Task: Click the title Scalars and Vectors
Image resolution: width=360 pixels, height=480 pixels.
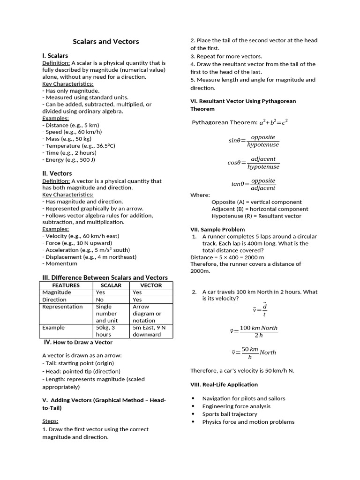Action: tap(106, 41)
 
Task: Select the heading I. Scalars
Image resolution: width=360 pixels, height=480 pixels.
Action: tap(55, 56)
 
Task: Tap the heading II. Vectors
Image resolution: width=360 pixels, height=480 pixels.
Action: tap(57, 173)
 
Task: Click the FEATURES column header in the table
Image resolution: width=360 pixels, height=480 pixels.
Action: tap(66, 285)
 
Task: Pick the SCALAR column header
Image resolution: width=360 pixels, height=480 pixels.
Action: tap(111, 285)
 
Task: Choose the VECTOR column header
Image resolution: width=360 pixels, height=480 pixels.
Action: tap(151, 285)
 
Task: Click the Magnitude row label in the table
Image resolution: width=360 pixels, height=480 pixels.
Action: tap(57, 292)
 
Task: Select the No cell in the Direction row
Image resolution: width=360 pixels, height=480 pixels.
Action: tap(100, 300)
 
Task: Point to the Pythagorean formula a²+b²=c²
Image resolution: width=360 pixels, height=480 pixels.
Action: tap(273, 122)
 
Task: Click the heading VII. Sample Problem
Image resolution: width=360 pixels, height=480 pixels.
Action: tap(217, 229)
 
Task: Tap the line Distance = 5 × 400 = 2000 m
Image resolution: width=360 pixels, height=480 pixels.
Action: tap(227, 257)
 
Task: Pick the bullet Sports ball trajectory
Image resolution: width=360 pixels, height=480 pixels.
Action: tap(230, 414)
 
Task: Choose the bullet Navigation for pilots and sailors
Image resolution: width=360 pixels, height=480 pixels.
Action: tap(243, 398)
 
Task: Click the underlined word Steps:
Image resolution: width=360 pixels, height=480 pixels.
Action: tap(50, 421)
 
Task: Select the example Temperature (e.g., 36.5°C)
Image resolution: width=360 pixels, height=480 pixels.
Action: tap(79, 146)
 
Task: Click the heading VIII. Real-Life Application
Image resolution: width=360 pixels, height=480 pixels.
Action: tap(224, 384)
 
